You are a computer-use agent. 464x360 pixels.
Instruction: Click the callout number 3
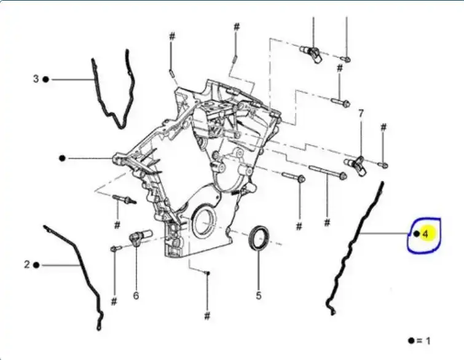[36, 79]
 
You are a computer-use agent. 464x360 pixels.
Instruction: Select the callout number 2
[27, 265]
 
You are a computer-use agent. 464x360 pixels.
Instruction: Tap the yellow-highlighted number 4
[425, 234]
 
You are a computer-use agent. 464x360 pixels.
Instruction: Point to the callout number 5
[259, 295]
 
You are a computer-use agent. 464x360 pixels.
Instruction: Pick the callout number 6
[136, 295]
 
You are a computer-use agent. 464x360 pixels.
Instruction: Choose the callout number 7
[361, 113]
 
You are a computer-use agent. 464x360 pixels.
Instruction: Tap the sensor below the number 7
[356, 165]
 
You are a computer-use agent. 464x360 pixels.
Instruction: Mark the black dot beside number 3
[46, 79]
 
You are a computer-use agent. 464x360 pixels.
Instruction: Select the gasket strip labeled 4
[356, 246]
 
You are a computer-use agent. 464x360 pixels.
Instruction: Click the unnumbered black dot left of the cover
[62, 158]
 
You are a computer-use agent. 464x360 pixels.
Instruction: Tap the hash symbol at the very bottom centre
[207, 316]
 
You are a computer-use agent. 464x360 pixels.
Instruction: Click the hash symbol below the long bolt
[327, 221]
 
